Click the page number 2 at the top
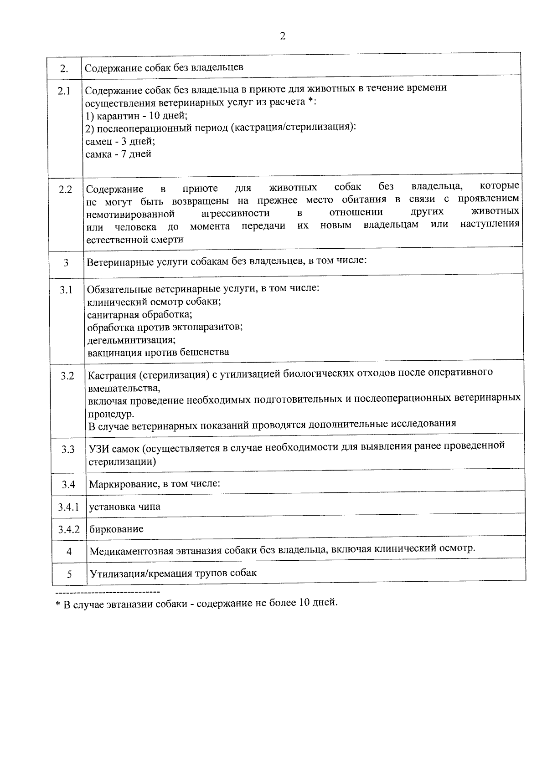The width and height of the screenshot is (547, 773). pyautogui.click(x=282, y=36)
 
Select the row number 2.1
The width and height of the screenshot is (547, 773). pyautogui.click(x=64, y=91)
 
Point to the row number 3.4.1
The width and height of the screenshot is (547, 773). pyautogui.click(x=68, y=507)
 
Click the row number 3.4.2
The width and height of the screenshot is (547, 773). pyautogui.click(x=69, y=529)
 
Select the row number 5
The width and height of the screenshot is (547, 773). pyautogui.click(x=69, y=574)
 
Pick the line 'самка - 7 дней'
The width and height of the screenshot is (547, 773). pyautogui.click(x=119, y=154)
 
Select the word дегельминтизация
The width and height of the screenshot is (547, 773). pyautogui.click(x=131, y=340)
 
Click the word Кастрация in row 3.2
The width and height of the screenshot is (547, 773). pyautogui.click(x=111, y=375)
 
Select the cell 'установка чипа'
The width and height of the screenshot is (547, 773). pyautogui.click(x=125, y=507)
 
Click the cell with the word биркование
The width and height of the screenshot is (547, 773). pyautogui.click(x=116, y=529)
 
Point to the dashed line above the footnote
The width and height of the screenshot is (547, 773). pyautogui.click(x=107, y=592)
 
